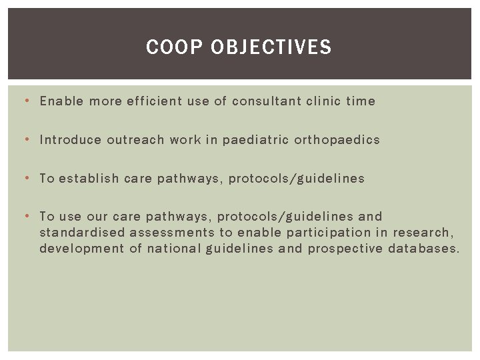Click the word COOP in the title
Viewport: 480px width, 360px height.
click(x=166, y=47)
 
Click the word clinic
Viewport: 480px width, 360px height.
click(x=323, y=101)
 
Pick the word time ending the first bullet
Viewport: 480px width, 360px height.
click(x=361, y=101)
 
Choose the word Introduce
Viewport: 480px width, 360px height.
click(x=70, y=140)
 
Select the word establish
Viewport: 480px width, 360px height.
click(x=89, y=179)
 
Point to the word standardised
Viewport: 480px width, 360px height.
click(x=81, y=233)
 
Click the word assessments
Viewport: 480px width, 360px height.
click(x=171, y=233)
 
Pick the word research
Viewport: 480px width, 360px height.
click(x=423, y=233)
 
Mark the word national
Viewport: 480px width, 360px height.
click(x=172, y=249)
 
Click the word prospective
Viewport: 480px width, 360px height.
click(x=345, y=249)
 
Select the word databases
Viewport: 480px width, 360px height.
click(x=424, y=249)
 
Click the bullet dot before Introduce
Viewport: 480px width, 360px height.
click(x=25, y=140)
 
